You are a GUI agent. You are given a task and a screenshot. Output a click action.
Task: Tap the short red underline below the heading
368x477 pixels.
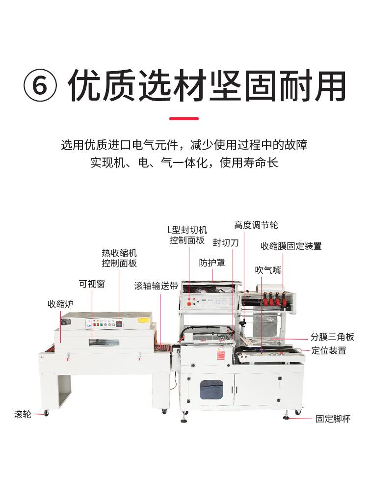click(184, 119)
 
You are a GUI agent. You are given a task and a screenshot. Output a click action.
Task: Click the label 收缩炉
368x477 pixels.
click(60, 304)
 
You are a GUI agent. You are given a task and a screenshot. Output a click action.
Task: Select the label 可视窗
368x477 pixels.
click(92, 284)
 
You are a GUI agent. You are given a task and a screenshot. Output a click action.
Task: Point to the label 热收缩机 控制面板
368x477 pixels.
click(119, 258)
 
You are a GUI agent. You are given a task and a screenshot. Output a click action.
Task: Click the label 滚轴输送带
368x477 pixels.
click(156, 286)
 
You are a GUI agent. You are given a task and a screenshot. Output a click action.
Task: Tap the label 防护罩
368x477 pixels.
click(212, 263)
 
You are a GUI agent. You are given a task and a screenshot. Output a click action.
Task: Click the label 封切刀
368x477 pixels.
click(226, 242)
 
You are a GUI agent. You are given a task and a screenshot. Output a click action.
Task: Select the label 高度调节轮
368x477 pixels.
click(256, 225)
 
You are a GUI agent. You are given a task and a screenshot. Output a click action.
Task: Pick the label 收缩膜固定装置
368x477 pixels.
click(291, 246)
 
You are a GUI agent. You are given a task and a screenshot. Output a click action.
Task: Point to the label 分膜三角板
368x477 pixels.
click(332, 337)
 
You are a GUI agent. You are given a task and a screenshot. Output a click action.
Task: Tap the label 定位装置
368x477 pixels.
click(329, 350)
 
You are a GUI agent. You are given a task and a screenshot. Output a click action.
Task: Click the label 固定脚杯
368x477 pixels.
click(333, 419)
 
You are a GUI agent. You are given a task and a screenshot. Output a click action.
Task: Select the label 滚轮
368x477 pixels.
click(23, 415)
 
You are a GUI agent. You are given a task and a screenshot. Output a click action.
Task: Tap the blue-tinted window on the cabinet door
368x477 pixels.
click(211, 389)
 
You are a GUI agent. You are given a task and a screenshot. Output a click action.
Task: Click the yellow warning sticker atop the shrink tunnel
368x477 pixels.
click(144, 319)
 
